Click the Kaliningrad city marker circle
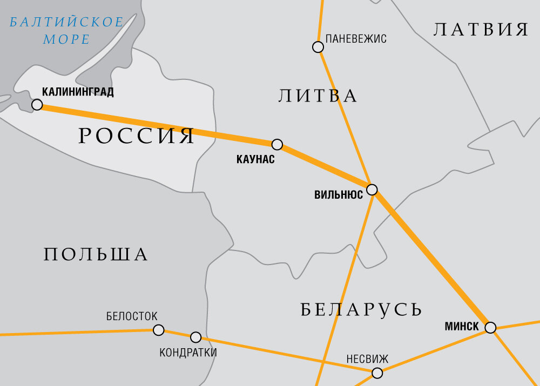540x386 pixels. [37, 104]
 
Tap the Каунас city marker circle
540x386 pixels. [277, 144]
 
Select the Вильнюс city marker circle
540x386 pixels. [372, 189]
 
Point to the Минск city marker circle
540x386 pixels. [490, 328]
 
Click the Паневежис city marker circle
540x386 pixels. [318, 47]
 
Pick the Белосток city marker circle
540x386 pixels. [158, 330]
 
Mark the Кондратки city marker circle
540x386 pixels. [196, 337]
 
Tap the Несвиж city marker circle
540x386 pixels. [377, 373]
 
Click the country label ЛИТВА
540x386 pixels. [318, 96]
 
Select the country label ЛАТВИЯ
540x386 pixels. [481, 29]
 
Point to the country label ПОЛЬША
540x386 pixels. [96, 254]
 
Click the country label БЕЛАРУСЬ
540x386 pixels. [361, 309]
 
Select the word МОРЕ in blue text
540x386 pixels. [66, 39]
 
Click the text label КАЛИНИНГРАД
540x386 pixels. [78, 92]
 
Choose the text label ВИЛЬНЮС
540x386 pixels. [339, 195]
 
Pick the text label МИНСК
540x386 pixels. [462, 326]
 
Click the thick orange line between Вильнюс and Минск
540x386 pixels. [432, 259]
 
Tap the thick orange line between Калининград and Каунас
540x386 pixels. [157, 124]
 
